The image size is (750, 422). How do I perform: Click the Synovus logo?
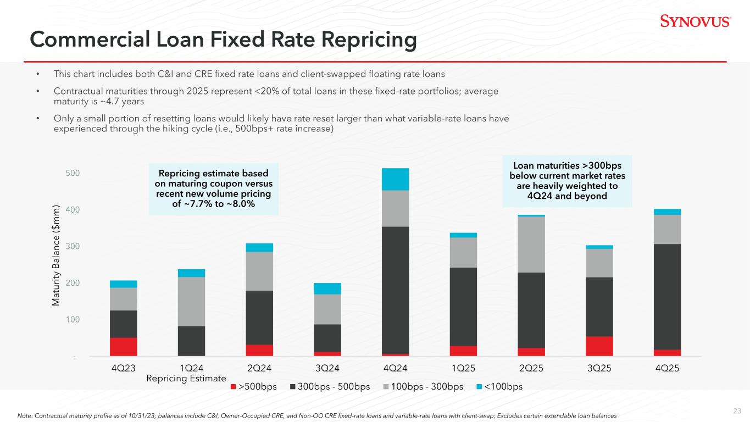click(x=696, y=21)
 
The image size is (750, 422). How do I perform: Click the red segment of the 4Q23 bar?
click(x=123, y=347)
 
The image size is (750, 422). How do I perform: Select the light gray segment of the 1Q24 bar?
click(x=191, y=302)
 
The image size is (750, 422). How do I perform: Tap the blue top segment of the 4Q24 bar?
click(x=395, y=179)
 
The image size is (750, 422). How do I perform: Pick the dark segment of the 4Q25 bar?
click(x=667, y=297)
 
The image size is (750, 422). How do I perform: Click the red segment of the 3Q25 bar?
click(x=599, y=346)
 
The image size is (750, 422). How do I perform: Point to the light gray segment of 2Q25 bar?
click(x=531, y=245)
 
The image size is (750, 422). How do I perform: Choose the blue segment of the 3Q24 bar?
click(x=327, y=288)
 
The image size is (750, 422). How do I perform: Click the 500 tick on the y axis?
click(x=73, y=173)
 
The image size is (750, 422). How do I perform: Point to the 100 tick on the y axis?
click(x=73, y=319)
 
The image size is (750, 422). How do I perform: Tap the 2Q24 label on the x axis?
click(x=259, y=368)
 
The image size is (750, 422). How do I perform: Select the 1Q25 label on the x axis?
click(x=463, y=368)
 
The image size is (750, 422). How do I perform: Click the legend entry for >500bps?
click(x=254, y=387)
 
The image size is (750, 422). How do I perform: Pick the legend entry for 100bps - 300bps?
click(x=423, y=387)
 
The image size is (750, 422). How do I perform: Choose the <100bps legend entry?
click(x=499, y=387)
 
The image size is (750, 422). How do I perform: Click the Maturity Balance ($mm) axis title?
click(x=56, y=255)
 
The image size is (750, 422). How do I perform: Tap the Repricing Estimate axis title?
click(x=186, y=379)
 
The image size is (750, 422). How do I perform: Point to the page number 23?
click(x=737, y=411)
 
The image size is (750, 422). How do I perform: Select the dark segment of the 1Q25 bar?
click(x=463, y=307)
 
